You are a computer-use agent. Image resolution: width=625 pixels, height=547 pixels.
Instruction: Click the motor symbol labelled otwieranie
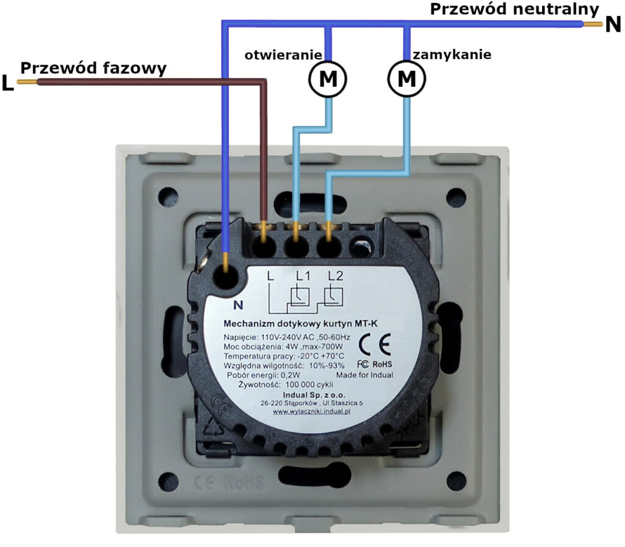(x=328, y=78)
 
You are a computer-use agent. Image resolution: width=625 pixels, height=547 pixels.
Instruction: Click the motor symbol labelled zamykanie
(x=406, y=78)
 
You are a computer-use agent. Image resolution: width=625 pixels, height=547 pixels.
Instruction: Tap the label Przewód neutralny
(x=515, y=9)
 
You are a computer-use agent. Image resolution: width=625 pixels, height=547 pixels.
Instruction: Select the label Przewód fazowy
(x=93, y=68)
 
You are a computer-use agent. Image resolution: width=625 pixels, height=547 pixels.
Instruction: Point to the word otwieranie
(x=283, y=55)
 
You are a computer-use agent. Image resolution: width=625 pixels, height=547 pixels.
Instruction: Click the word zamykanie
(x=452, y=55)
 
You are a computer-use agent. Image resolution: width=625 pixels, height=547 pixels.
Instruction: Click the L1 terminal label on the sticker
(x=303, y=276)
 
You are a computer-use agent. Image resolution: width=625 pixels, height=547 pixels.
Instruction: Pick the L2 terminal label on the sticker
(x=335, y=276)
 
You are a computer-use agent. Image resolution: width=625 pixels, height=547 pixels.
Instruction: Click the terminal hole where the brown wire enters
(x=264, y=247)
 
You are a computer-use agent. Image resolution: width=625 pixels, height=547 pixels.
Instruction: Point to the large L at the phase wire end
(x=7, y=84)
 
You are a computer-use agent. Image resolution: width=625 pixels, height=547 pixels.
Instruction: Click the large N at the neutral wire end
(x=613, y=26)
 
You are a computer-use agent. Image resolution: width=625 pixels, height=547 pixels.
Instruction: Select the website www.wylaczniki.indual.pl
(x=311, y=412)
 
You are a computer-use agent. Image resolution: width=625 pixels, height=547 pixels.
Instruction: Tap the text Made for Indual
(x=364, y=375)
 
